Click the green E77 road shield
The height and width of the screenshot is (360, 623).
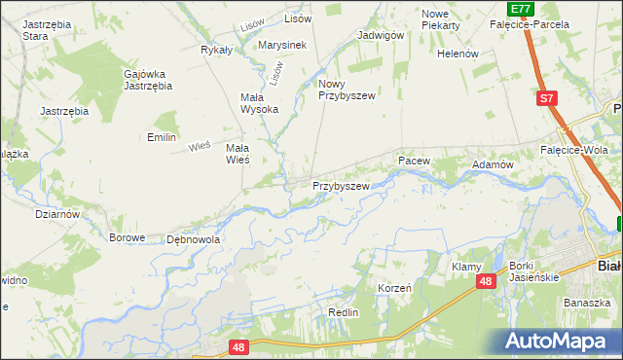point(521,9)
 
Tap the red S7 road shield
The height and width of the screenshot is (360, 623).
point(548,98)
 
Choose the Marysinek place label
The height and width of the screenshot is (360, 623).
point(282,45)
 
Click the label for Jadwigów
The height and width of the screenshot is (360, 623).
point(381,34)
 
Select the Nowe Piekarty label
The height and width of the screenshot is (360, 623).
point(441,19)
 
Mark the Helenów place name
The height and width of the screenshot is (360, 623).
point(458,54)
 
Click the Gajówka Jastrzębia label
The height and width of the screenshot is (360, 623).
point(148,80)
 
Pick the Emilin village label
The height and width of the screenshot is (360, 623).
point(161,137)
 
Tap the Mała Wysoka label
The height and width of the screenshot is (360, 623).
point(259,103)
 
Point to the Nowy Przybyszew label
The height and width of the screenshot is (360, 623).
point(347,90)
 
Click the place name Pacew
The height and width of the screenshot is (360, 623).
point(413,158)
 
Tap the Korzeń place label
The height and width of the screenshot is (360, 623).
point(395,289)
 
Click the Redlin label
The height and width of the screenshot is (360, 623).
point(344,312)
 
